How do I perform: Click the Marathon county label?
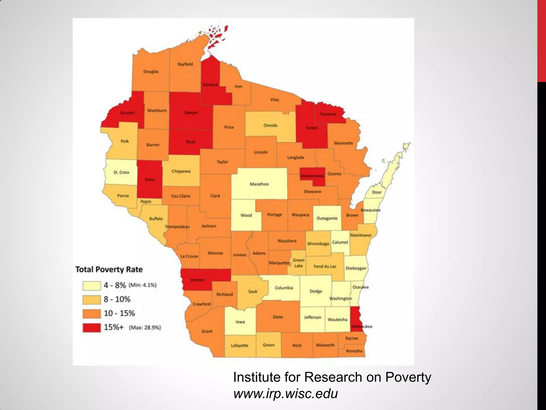259,184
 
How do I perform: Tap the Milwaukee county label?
362,326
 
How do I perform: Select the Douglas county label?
151,71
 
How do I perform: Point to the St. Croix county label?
121,172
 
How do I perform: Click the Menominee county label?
312,176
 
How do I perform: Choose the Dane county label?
278,317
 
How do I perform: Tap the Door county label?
377,192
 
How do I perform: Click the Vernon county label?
197,280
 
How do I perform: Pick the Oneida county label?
270,125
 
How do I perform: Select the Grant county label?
207,331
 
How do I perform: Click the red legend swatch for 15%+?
91,328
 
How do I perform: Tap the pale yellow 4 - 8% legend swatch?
91,286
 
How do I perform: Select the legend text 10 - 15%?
119,313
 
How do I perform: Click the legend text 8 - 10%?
117,299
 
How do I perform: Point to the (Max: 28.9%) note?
145,328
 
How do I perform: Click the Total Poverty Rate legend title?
109,269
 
